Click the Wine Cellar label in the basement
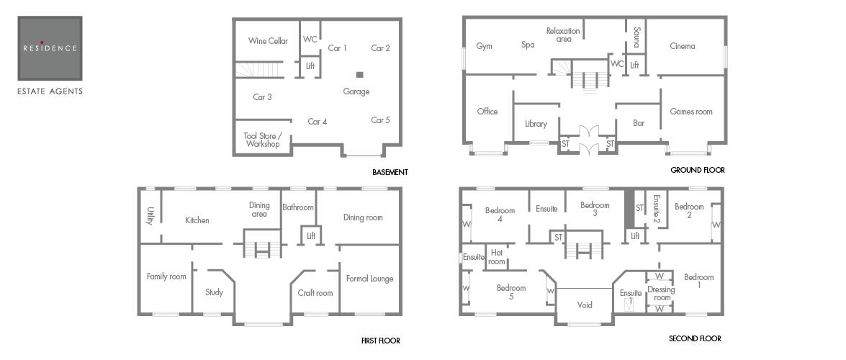[x=268, y=41]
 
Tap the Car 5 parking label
[x=380, y=120]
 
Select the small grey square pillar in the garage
[x=360, y=74]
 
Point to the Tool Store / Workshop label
[x=263, y=140]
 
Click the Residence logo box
[x=50, y=48]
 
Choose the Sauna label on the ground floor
[x=636, y=37]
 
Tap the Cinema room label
[x=683, y=46]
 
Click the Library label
[x=536, y=124]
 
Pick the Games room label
[x=691, y=112]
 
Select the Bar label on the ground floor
[x=639, y=123]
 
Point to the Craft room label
[x=315, y=293]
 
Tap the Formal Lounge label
[x=369, y=279]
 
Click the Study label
[x=214, y=292]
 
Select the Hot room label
[x=496, y=258]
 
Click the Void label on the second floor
[x=585, y=305]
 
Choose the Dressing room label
[x=662, y=294]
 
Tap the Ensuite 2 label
[x=656, y=209]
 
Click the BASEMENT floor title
[x=390, y=172]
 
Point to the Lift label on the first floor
[x=311, y=236]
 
